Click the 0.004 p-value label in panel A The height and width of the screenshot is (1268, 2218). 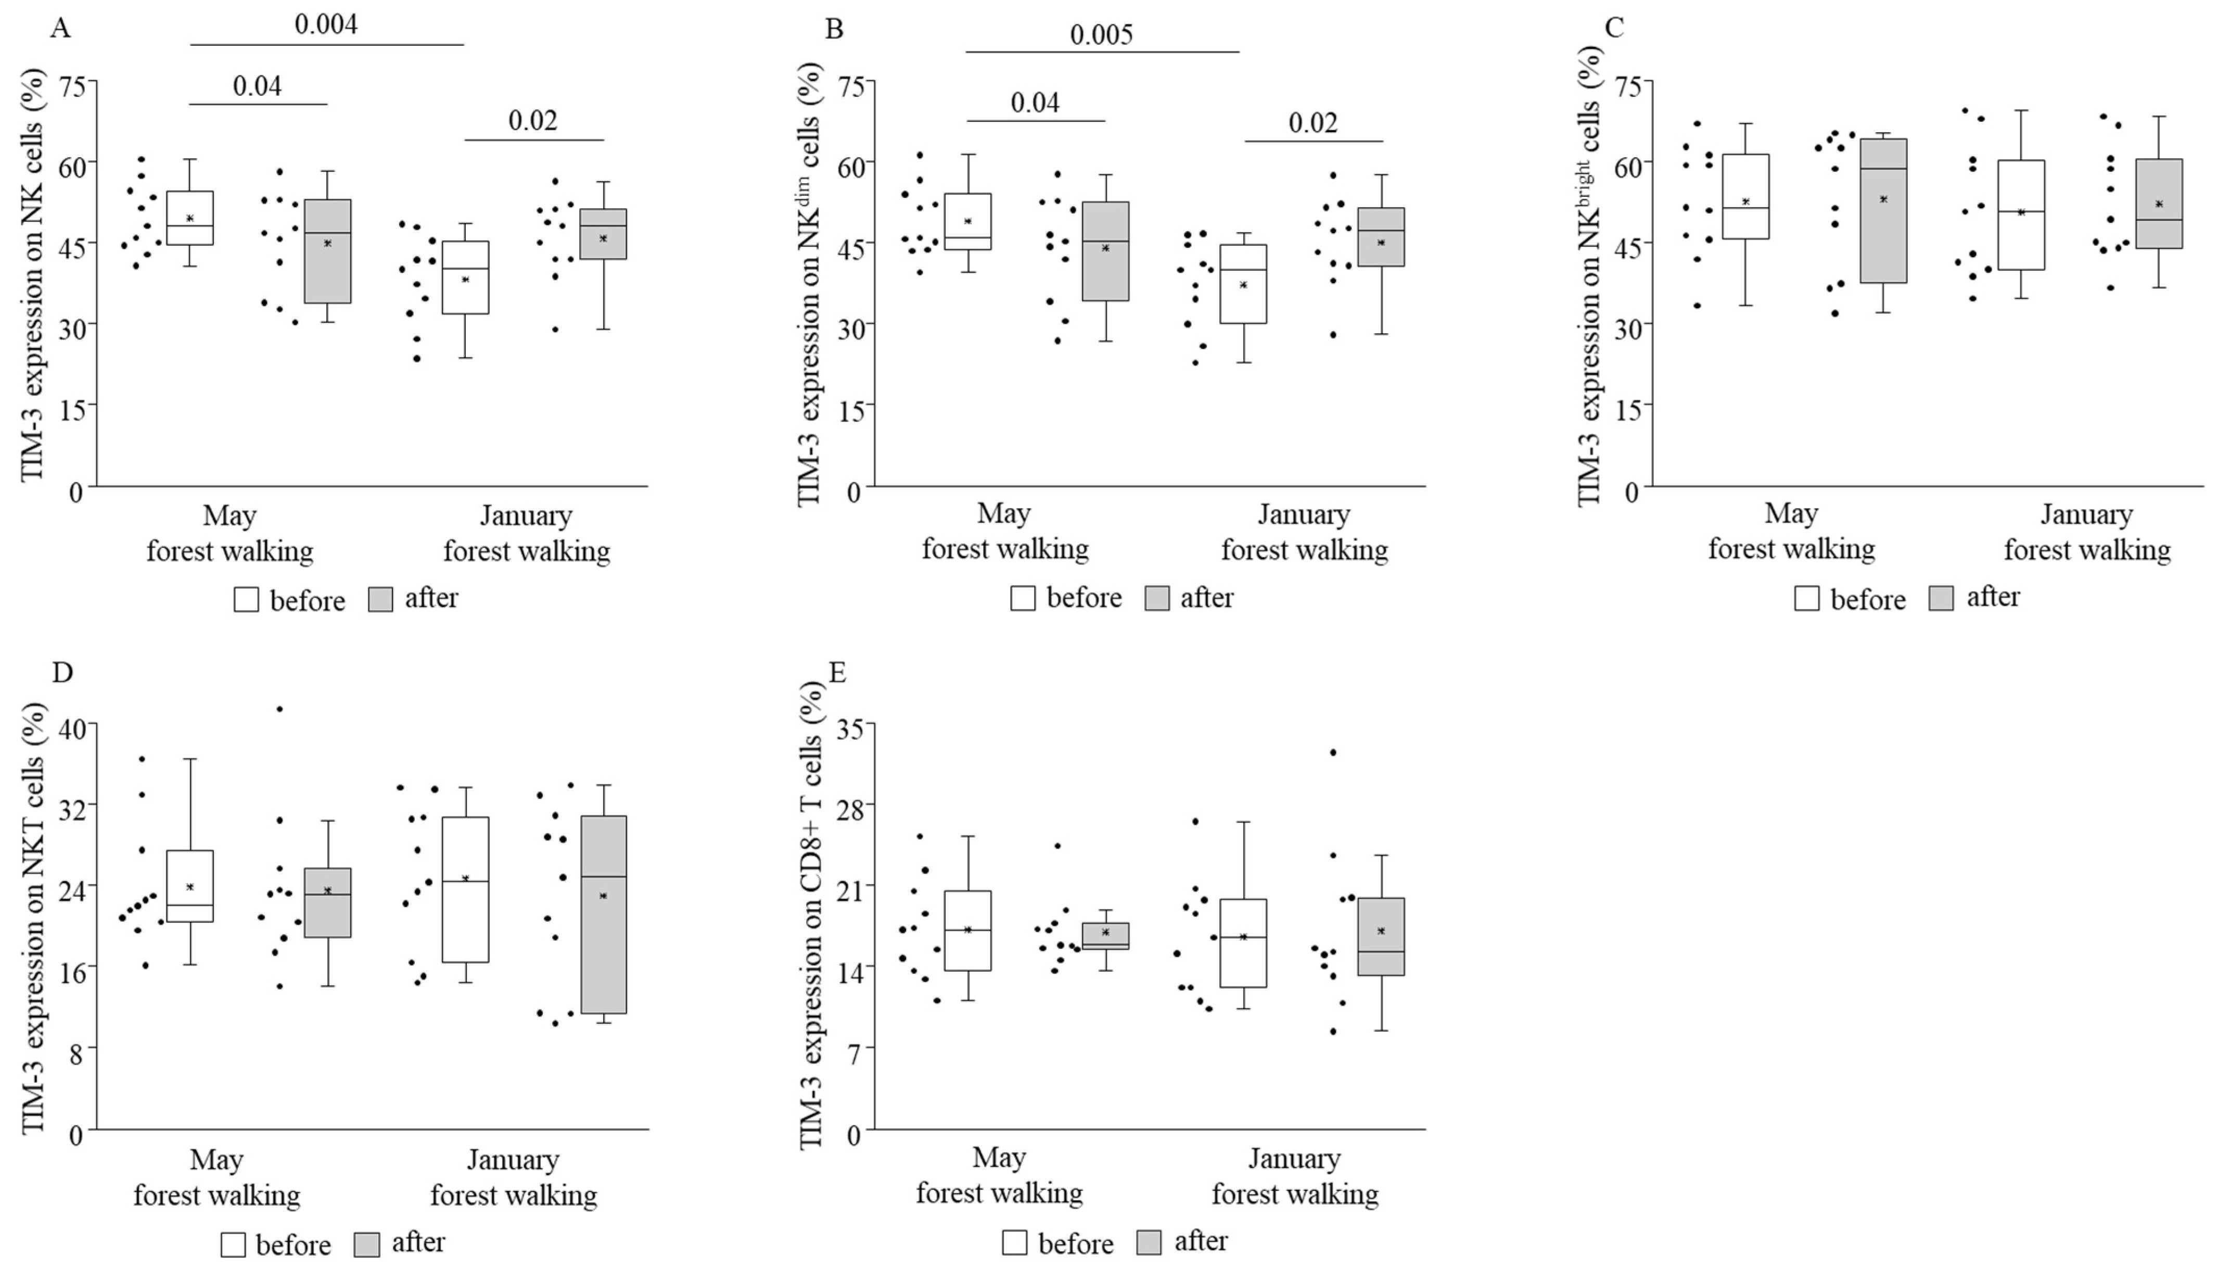coord(326,24)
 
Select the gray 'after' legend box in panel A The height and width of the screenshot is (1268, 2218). coord(380,599)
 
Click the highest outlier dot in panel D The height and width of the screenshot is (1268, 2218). coord(279,709)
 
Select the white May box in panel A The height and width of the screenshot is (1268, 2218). coord(190,218)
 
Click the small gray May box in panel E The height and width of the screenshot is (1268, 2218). coord(1105,936)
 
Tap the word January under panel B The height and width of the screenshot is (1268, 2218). coord(1303,515)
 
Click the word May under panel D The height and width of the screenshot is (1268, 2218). coord(216,1160)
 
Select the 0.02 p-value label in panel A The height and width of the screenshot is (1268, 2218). coord(533,120)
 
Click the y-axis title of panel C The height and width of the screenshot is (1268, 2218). coord(1589,274)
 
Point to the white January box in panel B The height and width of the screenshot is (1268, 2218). coord(1243,284)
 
